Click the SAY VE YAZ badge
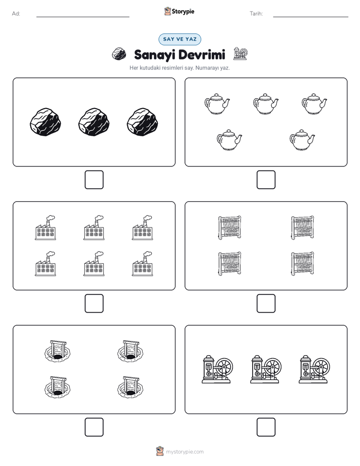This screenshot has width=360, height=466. point(179,39)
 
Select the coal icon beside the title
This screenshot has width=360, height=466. point(119,54)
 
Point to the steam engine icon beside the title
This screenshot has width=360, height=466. point(240,53)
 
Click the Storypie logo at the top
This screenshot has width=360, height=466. point(179,11)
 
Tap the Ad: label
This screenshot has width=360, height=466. point(16,14)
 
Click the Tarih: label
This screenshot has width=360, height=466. point(256,14)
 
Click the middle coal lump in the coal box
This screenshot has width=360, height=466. point(94,122)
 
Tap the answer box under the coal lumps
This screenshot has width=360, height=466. point(94,180)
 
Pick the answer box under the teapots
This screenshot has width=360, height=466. point(266,180)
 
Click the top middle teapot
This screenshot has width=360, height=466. point(266,104)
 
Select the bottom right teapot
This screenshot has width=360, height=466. point(302,140)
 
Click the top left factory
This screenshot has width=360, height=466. point(45,227)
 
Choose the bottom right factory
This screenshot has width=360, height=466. point(143,264)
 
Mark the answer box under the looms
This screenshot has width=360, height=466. point(266,304)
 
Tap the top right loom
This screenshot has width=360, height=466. point(303,227)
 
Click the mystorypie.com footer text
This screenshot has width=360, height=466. point(185,452)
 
